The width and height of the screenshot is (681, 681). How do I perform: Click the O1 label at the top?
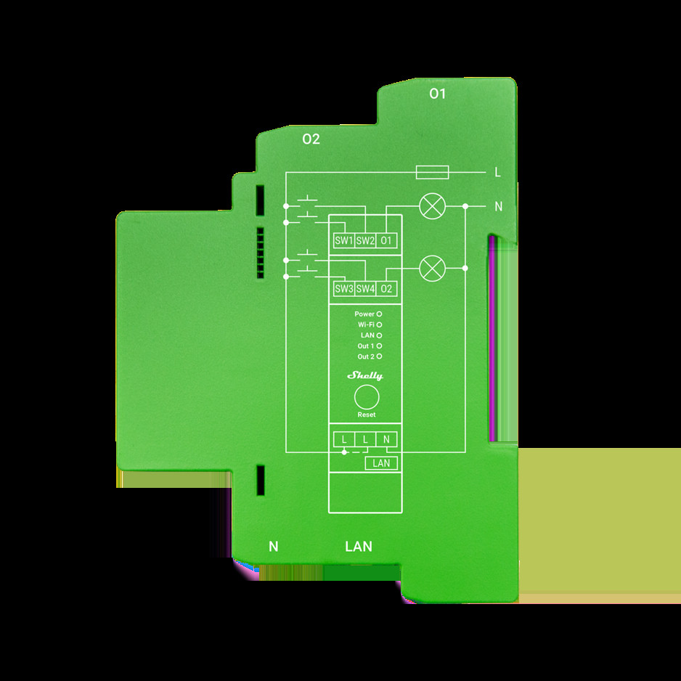point(437,94)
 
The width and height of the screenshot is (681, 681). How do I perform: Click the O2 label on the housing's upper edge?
point(311,139)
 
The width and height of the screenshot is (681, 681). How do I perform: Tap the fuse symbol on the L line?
point(432,172)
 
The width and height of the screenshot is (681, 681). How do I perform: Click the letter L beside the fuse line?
point(497,173)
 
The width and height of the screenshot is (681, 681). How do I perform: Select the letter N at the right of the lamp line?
point(498,207)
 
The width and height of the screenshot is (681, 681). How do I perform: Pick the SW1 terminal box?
point(343,241)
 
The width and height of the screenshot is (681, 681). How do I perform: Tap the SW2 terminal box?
point(365,241)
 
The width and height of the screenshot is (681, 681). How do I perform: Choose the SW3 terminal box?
point(343,289)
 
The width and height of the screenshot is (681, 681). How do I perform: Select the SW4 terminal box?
point(365,289)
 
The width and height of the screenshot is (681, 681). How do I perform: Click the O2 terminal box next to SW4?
point(387,289)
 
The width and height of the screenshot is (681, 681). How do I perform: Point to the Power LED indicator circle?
point(379,314)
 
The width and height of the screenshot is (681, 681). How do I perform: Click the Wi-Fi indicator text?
point(367,325)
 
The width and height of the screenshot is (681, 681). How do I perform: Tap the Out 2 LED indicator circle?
point(379,356)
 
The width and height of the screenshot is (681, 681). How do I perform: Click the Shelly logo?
point(365,375)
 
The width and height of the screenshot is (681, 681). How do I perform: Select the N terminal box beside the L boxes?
point(387,439)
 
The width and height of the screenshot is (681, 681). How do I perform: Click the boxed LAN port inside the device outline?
point(381,462)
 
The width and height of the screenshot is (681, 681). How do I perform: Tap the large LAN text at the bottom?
point(359,546)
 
